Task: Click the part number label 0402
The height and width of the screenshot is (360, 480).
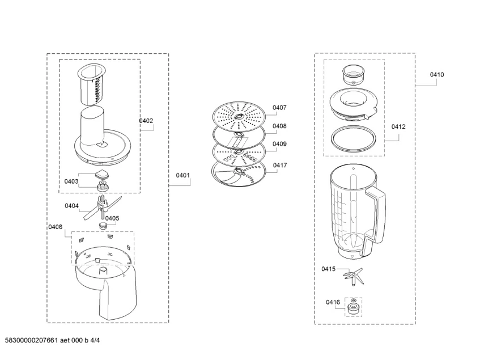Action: point(146,121)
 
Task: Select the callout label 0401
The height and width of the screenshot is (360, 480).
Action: point(182,175)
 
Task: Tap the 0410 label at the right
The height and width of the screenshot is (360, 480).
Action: point(437,74)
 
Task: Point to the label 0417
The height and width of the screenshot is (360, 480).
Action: point(280,165)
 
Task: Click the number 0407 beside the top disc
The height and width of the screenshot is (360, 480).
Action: point(279,108)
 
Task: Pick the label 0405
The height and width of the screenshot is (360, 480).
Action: point(112,218)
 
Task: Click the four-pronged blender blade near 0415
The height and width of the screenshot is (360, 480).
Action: point(353,277)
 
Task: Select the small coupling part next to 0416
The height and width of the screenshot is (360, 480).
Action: point(353,307)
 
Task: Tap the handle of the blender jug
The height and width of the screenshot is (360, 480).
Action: point(375,221)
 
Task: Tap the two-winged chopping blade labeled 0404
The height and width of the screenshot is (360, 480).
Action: point(102,208)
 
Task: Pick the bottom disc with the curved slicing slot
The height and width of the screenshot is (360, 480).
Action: point(239,173)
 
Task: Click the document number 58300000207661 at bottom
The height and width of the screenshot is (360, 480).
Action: point(31,340)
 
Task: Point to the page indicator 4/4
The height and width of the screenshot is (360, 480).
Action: point(96,340)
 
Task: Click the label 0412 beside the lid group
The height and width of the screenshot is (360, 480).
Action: point(398,126)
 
